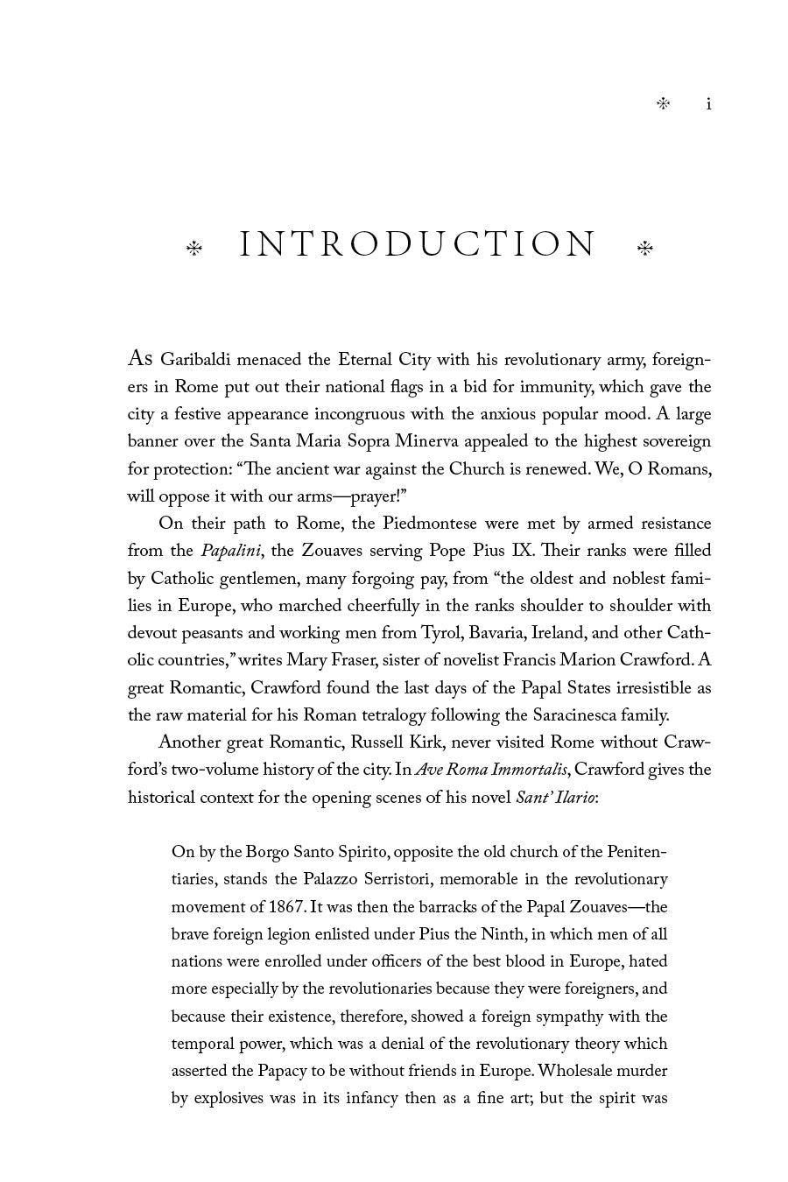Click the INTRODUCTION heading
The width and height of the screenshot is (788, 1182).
(418, 245)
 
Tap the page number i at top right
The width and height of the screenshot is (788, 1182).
(708, 104)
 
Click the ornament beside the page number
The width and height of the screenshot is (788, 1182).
(663, 104)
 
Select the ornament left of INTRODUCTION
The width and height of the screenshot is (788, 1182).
(194, 249)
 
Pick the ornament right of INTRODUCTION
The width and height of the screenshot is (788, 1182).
(644, 249)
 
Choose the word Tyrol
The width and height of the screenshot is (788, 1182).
(440, 633)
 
